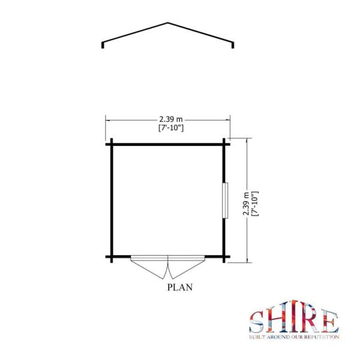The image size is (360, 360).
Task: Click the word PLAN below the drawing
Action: [x=179, y=287]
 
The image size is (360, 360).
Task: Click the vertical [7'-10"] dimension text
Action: [x=254, y=205]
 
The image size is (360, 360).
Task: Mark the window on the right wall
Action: [x=226, y=200]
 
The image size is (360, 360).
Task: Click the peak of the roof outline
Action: [x=167, y=23]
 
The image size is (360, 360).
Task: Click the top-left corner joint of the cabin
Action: [x=111, y=143]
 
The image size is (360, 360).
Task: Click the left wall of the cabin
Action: [x=111, y=200]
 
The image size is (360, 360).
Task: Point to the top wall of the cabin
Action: [x=167, y=143]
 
